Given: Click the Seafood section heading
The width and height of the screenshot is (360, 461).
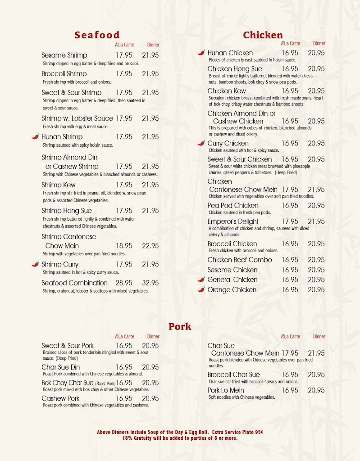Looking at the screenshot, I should tap(97, 35).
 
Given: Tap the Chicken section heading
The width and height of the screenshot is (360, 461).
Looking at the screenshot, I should tap(263, 35).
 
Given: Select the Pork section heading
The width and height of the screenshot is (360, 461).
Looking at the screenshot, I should tap(180, 326).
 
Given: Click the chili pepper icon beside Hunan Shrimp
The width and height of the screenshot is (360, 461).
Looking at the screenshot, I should tap(35, 136).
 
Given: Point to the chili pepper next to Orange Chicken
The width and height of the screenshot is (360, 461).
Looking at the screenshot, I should tap(201, 289).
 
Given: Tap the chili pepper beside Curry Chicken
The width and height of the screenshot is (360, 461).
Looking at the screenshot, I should tap(201, 143).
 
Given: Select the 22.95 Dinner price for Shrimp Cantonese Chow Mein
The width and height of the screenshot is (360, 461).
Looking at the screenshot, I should tap(150, 246).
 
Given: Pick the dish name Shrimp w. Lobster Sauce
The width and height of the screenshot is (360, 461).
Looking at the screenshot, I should tap(77, 118).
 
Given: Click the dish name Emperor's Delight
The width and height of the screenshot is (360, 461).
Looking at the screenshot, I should tap(233, 221).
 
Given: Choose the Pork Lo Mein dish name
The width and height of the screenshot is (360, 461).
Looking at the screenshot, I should tap(226, 390).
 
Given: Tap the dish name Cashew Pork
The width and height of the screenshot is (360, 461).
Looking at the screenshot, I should tap(60, 398).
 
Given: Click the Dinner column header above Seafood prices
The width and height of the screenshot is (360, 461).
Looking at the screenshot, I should tap(153, 45).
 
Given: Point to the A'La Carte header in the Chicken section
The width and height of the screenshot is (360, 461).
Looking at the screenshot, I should tap(290, 44).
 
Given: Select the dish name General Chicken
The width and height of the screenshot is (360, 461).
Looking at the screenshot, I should tap(232, 280).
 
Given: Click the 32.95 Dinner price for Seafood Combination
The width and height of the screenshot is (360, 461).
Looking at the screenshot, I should tap(150, 283).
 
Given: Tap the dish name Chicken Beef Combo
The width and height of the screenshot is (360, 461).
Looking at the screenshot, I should tap(240, 260).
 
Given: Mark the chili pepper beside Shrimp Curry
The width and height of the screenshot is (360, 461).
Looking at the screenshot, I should tap(35, 264).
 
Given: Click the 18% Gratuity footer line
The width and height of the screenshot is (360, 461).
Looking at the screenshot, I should tap(180, 438).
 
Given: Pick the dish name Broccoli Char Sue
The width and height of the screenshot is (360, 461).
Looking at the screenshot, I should tap(233, 375).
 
